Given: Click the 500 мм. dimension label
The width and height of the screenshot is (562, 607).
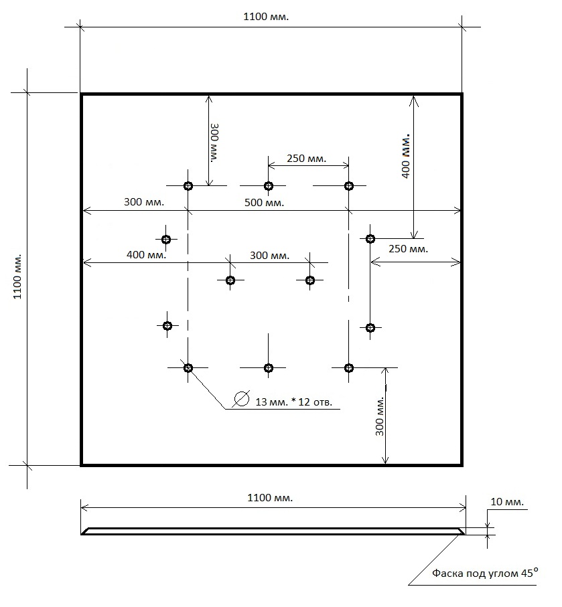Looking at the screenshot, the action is [265, 203].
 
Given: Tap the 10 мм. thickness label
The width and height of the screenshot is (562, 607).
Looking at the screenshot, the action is [507, 502].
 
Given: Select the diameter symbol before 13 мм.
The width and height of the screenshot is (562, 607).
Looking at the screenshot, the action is [241, 398].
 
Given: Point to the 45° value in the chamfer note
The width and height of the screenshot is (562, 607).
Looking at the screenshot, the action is [529, 572].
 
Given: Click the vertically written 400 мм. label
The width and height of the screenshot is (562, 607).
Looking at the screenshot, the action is [405, 156].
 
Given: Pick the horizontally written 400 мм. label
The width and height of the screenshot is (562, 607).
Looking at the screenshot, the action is [147, 255].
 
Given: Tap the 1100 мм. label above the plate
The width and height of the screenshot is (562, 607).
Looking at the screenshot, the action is [266, 17].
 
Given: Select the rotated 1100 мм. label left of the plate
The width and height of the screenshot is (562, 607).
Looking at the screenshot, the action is [17, 276].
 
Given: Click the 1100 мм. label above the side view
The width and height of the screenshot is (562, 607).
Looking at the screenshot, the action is [270, 497].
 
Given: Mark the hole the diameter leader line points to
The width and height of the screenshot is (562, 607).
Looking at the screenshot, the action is [188, 368].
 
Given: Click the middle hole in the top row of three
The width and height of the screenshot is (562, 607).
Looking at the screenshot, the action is [268, 186].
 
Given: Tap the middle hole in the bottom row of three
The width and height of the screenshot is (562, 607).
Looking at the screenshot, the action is [268, 368].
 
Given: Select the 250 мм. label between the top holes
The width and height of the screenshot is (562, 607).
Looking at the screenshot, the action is [307, 159].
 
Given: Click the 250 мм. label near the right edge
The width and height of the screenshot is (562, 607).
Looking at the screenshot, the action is [409, 248].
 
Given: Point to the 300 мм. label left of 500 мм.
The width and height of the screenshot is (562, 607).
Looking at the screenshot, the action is [144, 201].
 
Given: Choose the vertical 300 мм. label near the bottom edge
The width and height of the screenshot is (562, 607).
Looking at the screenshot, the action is [380, 416].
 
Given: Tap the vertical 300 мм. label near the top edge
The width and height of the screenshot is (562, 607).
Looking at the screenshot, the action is [214, 143].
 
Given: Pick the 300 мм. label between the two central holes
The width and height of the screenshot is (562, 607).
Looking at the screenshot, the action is [270, 256].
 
